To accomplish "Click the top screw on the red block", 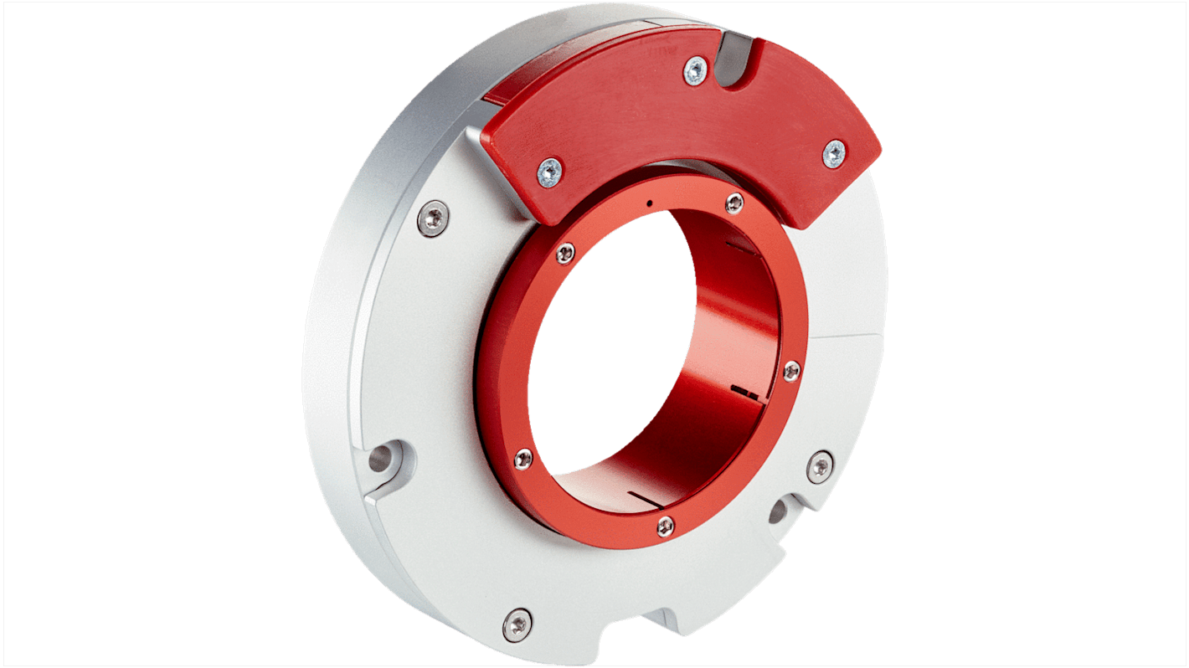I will click(694, 71).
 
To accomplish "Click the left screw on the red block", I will click(549, 172).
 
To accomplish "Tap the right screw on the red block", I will click(834, 154).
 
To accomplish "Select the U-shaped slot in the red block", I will click(739, 59).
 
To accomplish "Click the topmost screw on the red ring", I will click(734, 203).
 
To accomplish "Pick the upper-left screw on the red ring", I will click(566, 252).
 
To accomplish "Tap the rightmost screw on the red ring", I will click(790, 371).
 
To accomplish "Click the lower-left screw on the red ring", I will click(523, 458).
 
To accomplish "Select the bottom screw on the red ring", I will click(666, 526).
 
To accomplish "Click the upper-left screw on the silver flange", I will click(433, 219).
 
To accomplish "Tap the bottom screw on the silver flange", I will click(517, 624).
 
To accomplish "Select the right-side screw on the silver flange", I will click(820, 466).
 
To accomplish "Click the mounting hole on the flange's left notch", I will click(381, 458).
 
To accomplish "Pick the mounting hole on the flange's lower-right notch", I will click(778, 511).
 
